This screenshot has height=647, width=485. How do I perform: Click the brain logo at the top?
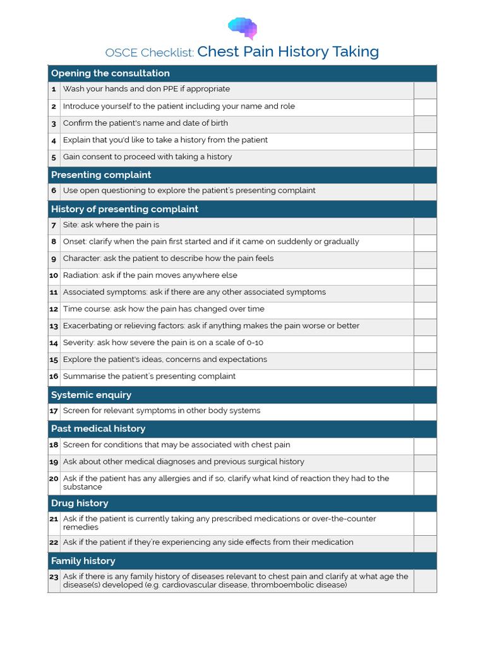click(x=242, y=28)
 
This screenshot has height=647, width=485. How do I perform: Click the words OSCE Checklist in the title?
click(x=150, y=52)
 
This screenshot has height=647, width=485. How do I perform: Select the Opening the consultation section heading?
click(x=110, y=73)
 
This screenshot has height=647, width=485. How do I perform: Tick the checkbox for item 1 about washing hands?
click(x=425, y=90)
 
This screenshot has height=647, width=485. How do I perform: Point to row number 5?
click(x=54, y=157)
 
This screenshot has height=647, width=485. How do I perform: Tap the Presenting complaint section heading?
click(x=101, y=175)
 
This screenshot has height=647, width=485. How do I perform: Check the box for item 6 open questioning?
click(x=425, y=191)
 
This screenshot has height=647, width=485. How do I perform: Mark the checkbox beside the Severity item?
click(x=425, y=343)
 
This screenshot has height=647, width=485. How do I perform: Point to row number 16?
click(x=54, y=377)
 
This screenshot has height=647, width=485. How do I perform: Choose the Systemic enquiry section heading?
click(x=91, y=395)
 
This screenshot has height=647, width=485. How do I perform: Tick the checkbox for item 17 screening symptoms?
click(x=425, y=411)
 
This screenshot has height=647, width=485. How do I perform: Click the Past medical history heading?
click(x=98, y=428)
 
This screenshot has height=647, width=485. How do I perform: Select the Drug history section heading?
click(x=80, y=503)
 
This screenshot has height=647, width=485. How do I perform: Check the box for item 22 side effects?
click(x=425, y=543)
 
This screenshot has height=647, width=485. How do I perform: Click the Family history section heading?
click(x=83, y=561)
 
